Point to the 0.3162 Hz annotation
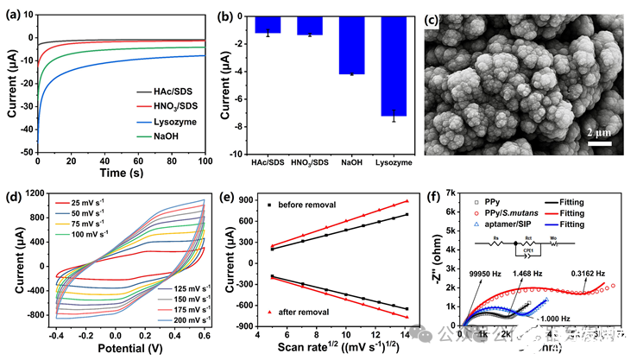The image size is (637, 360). click(590, 272)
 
